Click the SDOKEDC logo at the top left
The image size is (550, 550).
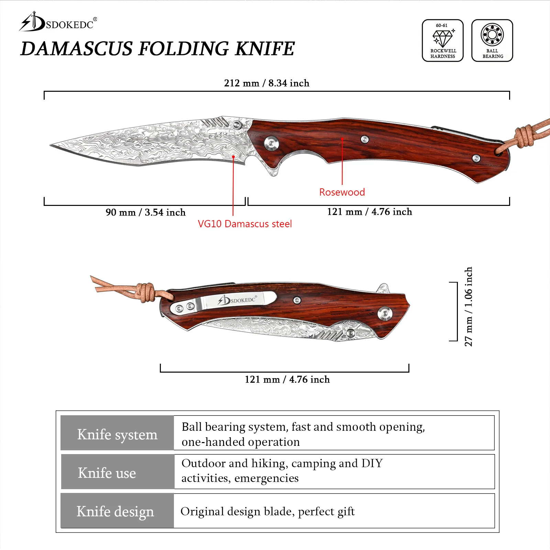(58, 23)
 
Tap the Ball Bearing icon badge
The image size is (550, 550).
(492, 41)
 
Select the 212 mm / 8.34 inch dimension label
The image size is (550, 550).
(266, 83)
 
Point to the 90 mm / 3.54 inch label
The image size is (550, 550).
(145, 212)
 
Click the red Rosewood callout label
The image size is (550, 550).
(342, 192)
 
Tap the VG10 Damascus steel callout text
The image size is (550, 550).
(244, 224)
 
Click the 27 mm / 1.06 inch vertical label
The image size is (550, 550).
(468, 306)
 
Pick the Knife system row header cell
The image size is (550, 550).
(117, 434)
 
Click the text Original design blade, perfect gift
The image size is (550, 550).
(267, 511)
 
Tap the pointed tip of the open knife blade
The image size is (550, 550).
(52, 145)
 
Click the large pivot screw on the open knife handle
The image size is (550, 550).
(271, 143)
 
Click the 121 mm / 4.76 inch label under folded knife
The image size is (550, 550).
(287, 379)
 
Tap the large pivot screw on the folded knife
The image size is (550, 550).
(384, 313)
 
